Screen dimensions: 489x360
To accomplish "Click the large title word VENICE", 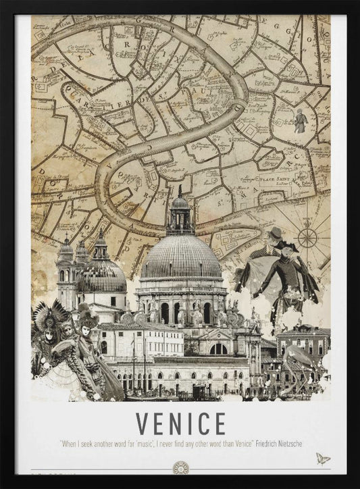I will pos(180,423).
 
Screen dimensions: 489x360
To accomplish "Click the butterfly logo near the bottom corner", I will pos(323,459).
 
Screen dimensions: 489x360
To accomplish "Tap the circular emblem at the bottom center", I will pos(180,467).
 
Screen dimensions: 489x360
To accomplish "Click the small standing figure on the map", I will pos(300,121).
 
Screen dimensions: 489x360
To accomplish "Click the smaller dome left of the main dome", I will pos(101,274).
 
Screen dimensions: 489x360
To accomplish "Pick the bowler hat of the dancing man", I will pos(274,233).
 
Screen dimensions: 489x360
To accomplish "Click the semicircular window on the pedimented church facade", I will pos(218,349).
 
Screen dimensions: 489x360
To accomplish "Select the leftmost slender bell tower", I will pos(66,270).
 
